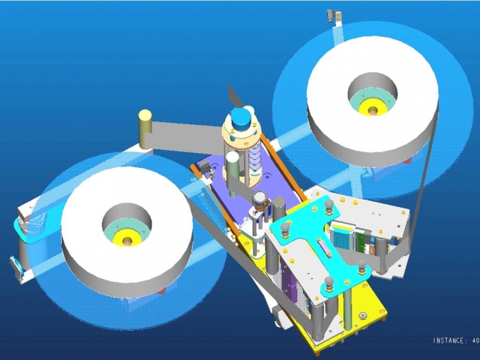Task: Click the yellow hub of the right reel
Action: [372, 109]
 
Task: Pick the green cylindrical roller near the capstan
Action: [232, 173]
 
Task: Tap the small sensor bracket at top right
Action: [334, 16]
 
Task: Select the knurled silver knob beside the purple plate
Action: [260, 200]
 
